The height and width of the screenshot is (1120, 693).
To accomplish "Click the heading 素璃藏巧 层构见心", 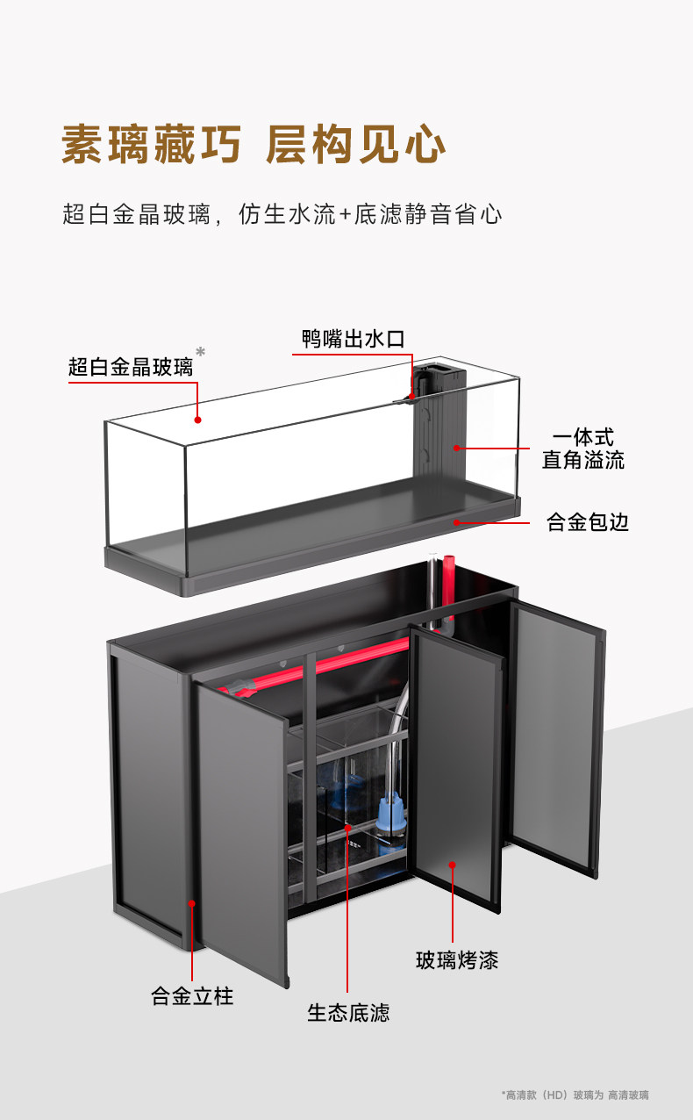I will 254,146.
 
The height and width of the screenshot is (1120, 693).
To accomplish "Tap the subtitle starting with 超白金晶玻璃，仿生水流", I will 282,214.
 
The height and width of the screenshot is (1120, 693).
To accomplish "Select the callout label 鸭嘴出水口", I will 353,340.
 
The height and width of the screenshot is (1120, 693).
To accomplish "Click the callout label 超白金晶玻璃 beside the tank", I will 131,367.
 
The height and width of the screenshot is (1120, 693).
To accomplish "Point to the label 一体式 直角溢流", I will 582,449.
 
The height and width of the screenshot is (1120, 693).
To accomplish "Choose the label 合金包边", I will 587,523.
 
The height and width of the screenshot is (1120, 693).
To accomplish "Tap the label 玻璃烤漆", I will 456,960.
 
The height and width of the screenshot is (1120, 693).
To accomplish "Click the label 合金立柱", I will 192,996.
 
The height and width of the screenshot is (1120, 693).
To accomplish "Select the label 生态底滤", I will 347,1013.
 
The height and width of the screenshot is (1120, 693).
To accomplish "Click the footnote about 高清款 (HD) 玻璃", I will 575,1095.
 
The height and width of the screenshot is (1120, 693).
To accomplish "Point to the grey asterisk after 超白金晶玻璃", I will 201,353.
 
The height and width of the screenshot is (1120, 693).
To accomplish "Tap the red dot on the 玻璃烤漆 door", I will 453,865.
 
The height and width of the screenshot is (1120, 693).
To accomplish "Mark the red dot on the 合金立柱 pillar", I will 192,901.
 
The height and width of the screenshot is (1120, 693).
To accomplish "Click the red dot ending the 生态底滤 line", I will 347,827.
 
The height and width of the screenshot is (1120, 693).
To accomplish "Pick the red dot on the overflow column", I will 456,448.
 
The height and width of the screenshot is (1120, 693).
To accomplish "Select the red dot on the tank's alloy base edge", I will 456,522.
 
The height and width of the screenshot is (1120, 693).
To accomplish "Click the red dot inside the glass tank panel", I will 198,419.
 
